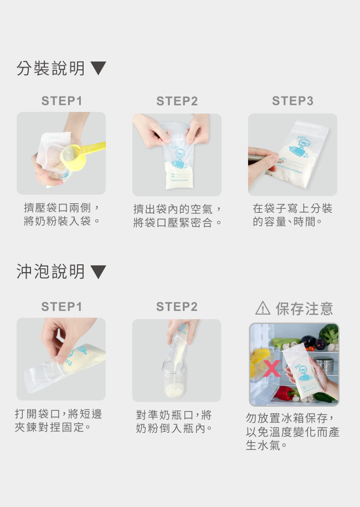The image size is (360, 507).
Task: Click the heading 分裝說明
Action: [51, 68]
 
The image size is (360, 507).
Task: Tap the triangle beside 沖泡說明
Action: [98, 272]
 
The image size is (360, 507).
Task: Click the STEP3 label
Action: [292, 101]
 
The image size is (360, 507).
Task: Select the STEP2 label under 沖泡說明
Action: [177, 306]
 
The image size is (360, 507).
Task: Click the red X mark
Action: [271, 369]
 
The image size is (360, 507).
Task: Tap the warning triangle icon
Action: [263, 308]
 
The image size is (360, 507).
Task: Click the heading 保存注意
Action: [304, 309]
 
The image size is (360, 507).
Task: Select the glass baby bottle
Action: [174, 378]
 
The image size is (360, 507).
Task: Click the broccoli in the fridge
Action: [328, 334]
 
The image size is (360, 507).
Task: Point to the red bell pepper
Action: [284, 393]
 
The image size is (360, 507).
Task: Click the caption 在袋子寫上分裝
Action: [292, 208]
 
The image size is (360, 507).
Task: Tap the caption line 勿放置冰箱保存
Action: [290, 418]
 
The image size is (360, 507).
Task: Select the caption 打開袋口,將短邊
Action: [59, 414]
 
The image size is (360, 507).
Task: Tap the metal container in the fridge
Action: [324, 364]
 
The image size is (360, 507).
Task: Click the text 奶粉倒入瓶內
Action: [174, 428]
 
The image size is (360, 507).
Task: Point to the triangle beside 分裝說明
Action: [98, 68]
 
